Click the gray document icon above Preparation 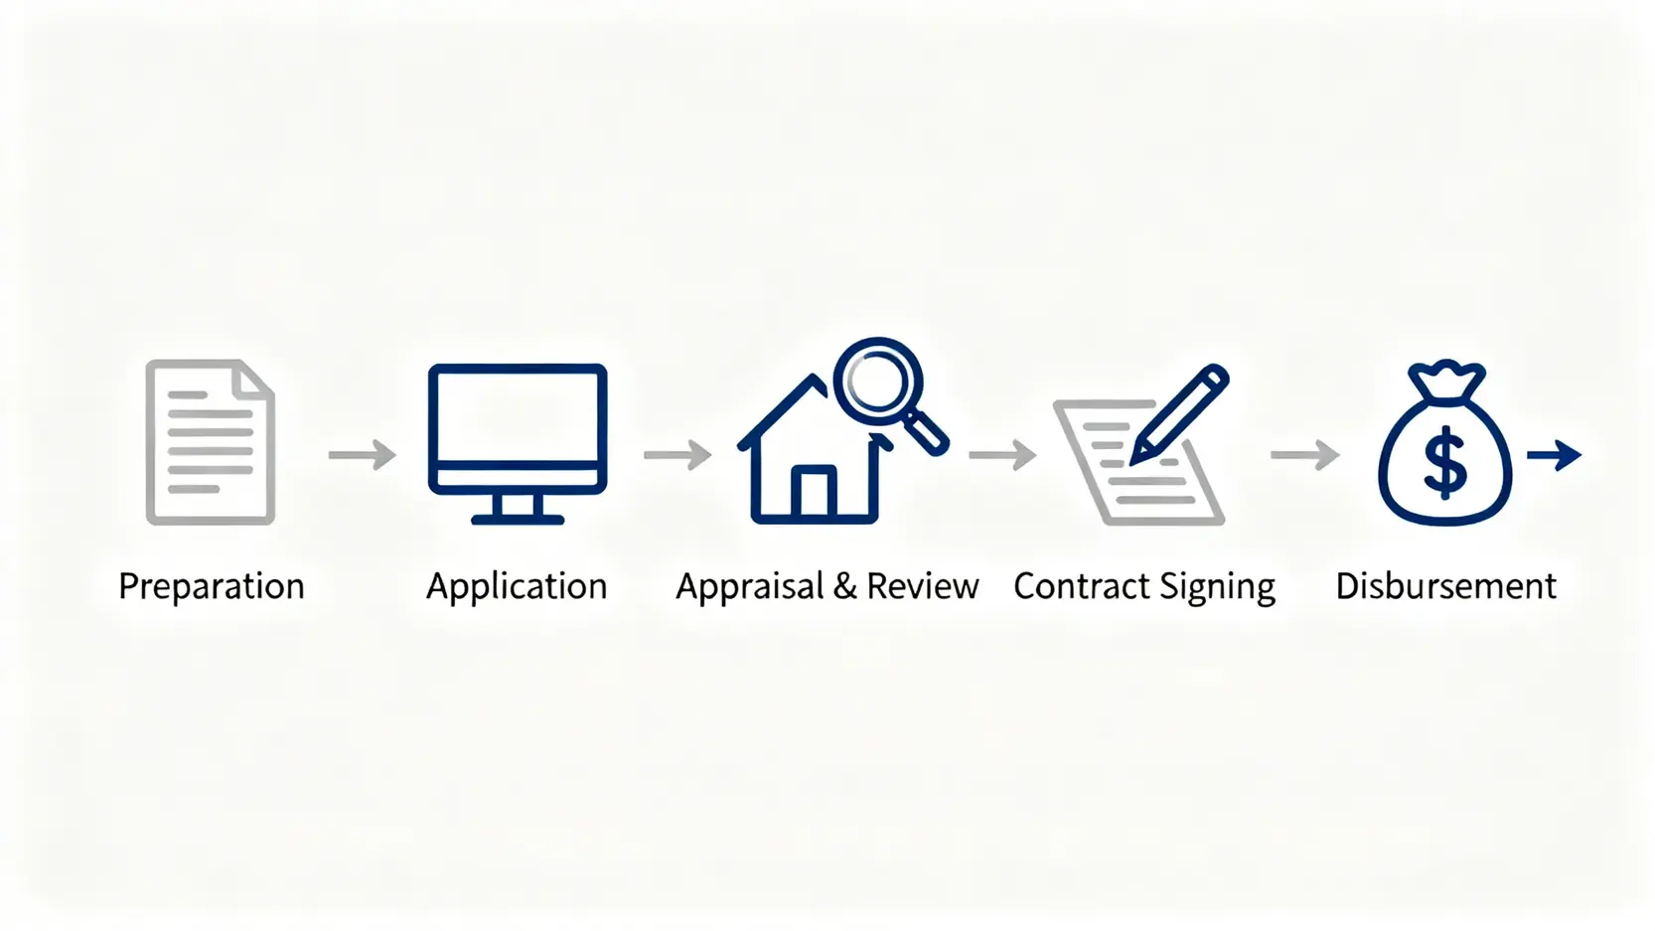[x=211, y=442]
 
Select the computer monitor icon [x=518, y=444]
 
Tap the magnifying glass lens [x=878, y=382]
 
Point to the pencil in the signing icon [x=1179, y=414]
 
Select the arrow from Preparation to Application [x=362, y=454]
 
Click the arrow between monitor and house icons [x=677, y=454]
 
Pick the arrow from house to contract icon [x=1002, y=454]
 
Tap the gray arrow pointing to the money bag [x=1304, y=454]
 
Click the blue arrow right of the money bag [x=1554, y=455]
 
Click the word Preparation [x=212, y=586]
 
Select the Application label [x=517, y=586]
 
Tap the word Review [x=923, y=586]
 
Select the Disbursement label [x=1446, y=586]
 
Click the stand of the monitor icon [x=518, y=509]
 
